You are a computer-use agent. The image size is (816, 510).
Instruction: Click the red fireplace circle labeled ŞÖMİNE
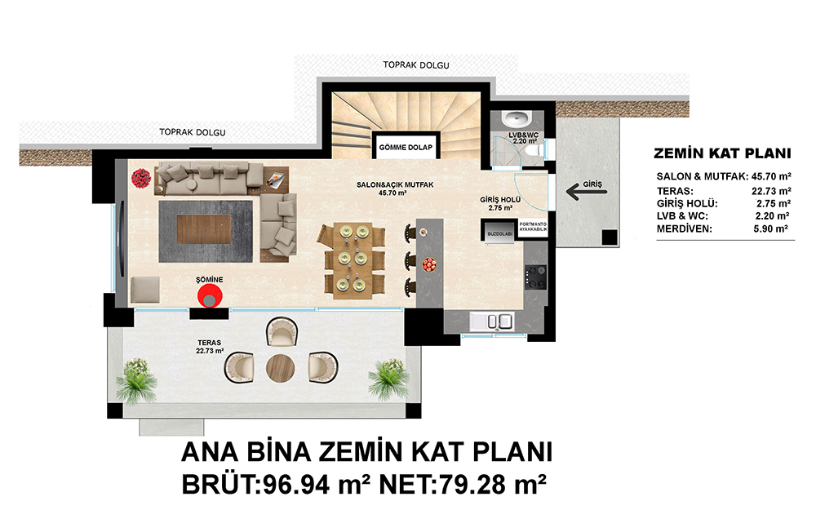pyautogui.click(x=210, y=297)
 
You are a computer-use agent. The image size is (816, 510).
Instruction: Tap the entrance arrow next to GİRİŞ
pyautogui.click(x=587, y=192)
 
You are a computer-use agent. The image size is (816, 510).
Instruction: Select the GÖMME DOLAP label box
pyautogui.click(x=406, y=147)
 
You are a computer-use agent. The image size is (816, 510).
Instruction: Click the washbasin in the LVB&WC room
pyautogui.click(x=516, y=118)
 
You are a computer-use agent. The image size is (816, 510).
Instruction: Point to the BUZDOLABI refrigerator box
pyautogui.click(x=499, y=230)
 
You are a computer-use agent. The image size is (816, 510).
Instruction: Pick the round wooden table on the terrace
pyautogui.click(x=281, y=368)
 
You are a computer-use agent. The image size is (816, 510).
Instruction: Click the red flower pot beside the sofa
pyautogui.click(x=140, y=178)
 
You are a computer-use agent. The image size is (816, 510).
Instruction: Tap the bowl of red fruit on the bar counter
pyautogui.click(x=429, y=265)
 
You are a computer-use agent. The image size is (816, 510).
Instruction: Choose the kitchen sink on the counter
pyautogui.click(x=492, y=321)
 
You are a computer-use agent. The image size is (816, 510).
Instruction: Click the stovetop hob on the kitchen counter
pyautogui.click(x=535, y=277)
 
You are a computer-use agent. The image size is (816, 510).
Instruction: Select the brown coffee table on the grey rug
pyautogui.click(x=204, y=229)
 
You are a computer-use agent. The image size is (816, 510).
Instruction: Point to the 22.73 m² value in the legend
pyautogui.click(x=771, y=191)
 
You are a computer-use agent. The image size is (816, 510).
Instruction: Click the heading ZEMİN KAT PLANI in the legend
pyautogui.click(x=722, y=153)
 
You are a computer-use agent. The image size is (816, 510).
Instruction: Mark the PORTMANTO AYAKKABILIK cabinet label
pyautogui.click(x=533, y=226)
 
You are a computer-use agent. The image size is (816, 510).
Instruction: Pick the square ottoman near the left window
pyautogui.click(x=145, y=290)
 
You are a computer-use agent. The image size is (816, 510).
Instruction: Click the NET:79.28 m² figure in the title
pyautogui.click(x=463, y=485)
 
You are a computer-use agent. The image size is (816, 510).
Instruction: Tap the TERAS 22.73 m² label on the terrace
pyautogui.click(x=209, y=347)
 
